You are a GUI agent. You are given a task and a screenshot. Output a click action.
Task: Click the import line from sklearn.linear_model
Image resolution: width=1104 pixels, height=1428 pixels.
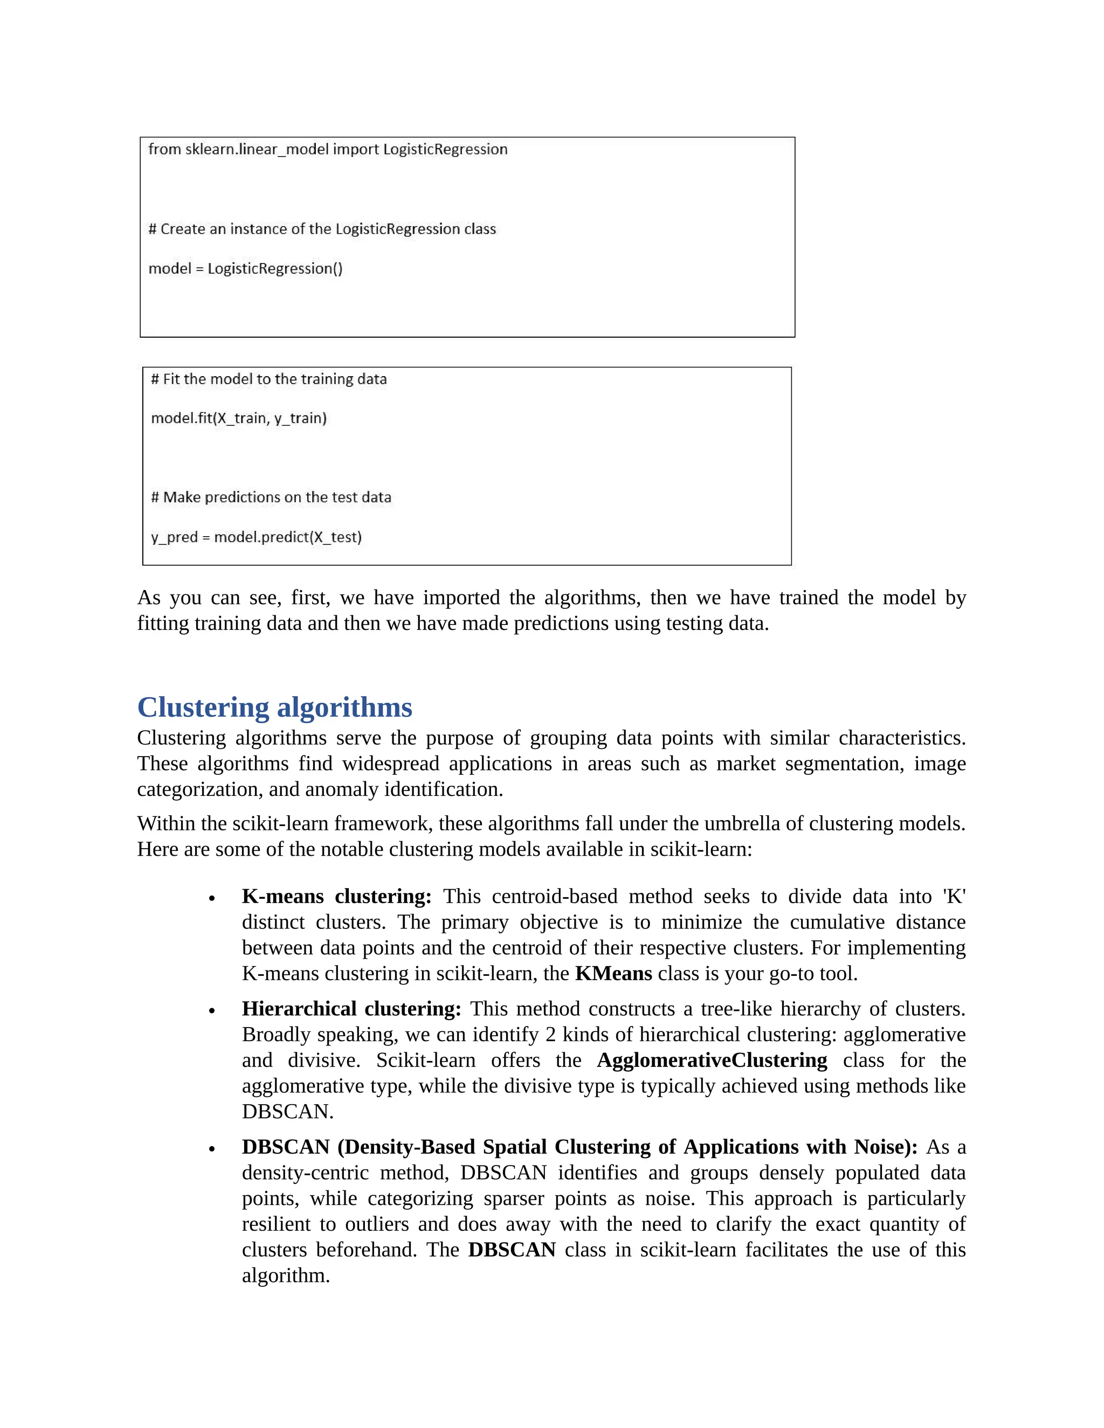click(328, 150)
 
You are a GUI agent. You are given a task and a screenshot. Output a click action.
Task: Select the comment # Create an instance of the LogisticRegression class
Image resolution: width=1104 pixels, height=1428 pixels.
click(322, 230)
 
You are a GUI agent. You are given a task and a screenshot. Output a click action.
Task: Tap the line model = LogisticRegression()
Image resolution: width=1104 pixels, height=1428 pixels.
click(245, 269)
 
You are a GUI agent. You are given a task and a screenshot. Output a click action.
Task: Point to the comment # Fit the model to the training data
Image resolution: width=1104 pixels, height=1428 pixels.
click(269, 379)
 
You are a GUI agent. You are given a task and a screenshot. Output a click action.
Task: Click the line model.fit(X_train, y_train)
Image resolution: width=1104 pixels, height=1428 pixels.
click(239, 419)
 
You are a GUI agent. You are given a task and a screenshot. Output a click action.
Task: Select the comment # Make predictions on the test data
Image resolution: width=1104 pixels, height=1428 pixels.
click(271, 497)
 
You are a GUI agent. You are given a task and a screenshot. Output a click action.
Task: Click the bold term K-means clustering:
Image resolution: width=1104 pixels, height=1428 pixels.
click(336, 897)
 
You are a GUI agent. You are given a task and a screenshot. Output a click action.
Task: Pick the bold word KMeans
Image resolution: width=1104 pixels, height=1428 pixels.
click(613, 974)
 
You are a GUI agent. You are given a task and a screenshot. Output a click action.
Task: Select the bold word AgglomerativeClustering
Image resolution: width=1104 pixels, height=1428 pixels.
click(712, 1060)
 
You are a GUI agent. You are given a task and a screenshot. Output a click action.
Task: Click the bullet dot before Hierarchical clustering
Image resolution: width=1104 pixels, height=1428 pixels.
click(212, 1011)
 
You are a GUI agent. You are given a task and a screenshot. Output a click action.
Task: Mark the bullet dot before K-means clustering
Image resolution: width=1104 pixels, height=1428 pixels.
click(212, 899)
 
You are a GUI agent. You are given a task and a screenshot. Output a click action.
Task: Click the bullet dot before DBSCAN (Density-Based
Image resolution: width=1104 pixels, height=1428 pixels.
click(212, 1149)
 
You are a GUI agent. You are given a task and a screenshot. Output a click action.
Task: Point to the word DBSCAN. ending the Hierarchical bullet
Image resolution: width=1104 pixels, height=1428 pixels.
click(287, 1112)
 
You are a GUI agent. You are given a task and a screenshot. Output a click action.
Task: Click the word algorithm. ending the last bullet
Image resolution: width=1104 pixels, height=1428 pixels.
click(286, 1276)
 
